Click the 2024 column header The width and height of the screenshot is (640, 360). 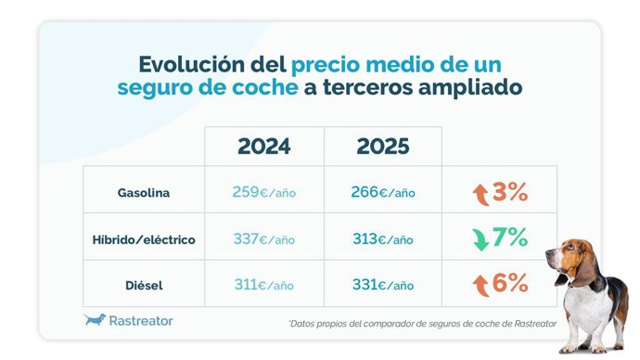(263, 147)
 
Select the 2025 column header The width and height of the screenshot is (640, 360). (383, 147)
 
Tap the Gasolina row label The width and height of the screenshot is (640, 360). (143, 193)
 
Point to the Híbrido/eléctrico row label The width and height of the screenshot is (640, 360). (143, 239)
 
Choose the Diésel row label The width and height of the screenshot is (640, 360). (143, 284)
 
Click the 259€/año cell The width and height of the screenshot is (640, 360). (263, 193)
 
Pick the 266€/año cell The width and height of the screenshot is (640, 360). (383, 193)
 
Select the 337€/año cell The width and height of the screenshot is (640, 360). (263, 239)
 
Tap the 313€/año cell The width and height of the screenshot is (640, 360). (383, 239)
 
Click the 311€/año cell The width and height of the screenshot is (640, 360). (263, 284)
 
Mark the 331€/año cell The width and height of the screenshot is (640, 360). (383, 284)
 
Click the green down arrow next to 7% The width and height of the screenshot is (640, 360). (480, 239)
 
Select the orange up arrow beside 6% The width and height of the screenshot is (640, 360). (480, 284)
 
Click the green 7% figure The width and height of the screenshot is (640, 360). (510, 238)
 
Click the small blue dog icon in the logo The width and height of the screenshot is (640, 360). (95, 320)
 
